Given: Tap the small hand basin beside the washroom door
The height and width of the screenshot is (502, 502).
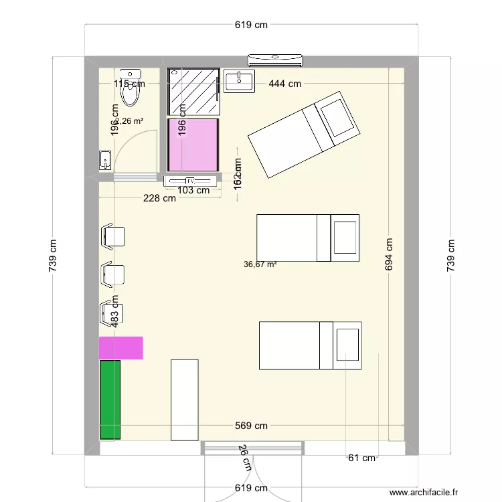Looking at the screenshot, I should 106,161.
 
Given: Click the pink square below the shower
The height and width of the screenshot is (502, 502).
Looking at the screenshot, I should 193,145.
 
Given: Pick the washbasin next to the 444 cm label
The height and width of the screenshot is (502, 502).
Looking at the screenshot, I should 239,82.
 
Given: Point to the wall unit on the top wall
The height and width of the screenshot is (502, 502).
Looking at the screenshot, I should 275,60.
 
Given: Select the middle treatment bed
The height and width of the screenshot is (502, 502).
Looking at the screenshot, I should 308,238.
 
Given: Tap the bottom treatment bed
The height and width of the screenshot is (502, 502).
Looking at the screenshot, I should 310,345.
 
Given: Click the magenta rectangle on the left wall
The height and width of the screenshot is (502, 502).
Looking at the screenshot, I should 121,348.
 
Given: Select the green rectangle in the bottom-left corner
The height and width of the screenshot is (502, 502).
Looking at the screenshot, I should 110,400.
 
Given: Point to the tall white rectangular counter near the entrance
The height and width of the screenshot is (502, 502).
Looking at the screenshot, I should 185,400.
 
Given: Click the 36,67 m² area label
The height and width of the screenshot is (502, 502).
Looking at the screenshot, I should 260,264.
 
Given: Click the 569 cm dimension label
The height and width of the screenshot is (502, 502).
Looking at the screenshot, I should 251,426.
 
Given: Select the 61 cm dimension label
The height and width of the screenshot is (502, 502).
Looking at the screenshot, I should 361,458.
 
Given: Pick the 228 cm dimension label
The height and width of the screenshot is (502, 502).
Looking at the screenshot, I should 159,198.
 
